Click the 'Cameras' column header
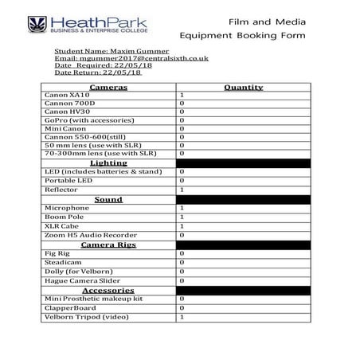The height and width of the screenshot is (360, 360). tap(108, 86)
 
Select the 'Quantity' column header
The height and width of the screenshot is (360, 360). tap(243, 86)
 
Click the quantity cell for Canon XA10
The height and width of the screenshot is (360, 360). tap(182, 95)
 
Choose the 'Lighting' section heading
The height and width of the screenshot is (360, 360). tap(108, 162)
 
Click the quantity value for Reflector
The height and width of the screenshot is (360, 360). tap(182, 190)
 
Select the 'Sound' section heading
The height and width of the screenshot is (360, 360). tap(108, 199)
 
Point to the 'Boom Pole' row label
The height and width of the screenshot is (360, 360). tap(65, 217)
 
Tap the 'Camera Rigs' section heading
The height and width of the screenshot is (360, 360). tap(108, 245)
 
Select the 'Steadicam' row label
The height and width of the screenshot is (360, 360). tap(62, 262)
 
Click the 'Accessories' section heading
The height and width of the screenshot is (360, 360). tap(108, 290)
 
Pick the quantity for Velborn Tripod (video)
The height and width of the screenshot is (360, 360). tap(182, 317)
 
